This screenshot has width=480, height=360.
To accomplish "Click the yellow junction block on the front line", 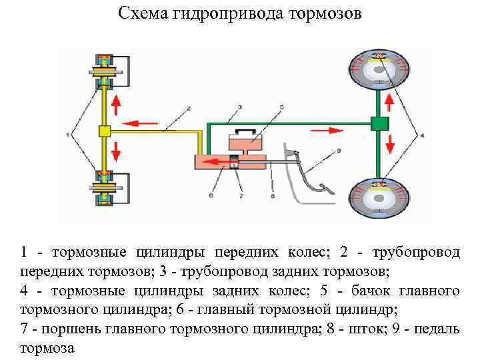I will pyautogui.click(x=104, y=131).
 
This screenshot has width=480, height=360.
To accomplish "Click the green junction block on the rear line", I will pyautogui.click(x=379, y=123).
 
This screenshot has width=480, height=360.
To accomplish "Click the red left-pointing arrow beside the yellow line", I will pyautogui.click(x=143, y=123).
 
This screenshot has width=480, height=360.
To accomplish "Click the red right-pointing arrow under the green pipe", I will pyautogui.click(x=319, y=131).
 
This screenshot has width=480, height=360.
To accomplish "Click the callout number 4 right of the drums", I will pyautogui.click(x=421, y=136).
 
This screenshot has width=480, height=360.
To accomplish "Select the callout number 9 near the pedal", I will pyautogui.click(x=339, y=151).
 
